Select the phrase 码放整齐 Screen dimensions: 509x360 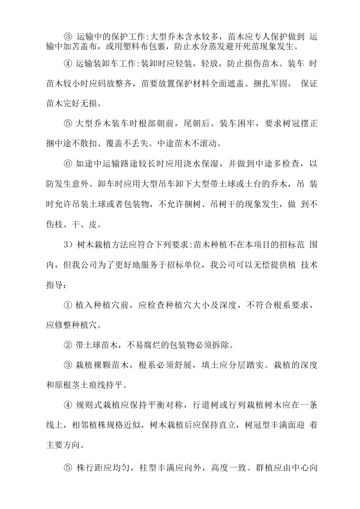pos(115,83)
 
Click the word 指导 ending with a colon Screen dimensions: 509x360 pos(56,284)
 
